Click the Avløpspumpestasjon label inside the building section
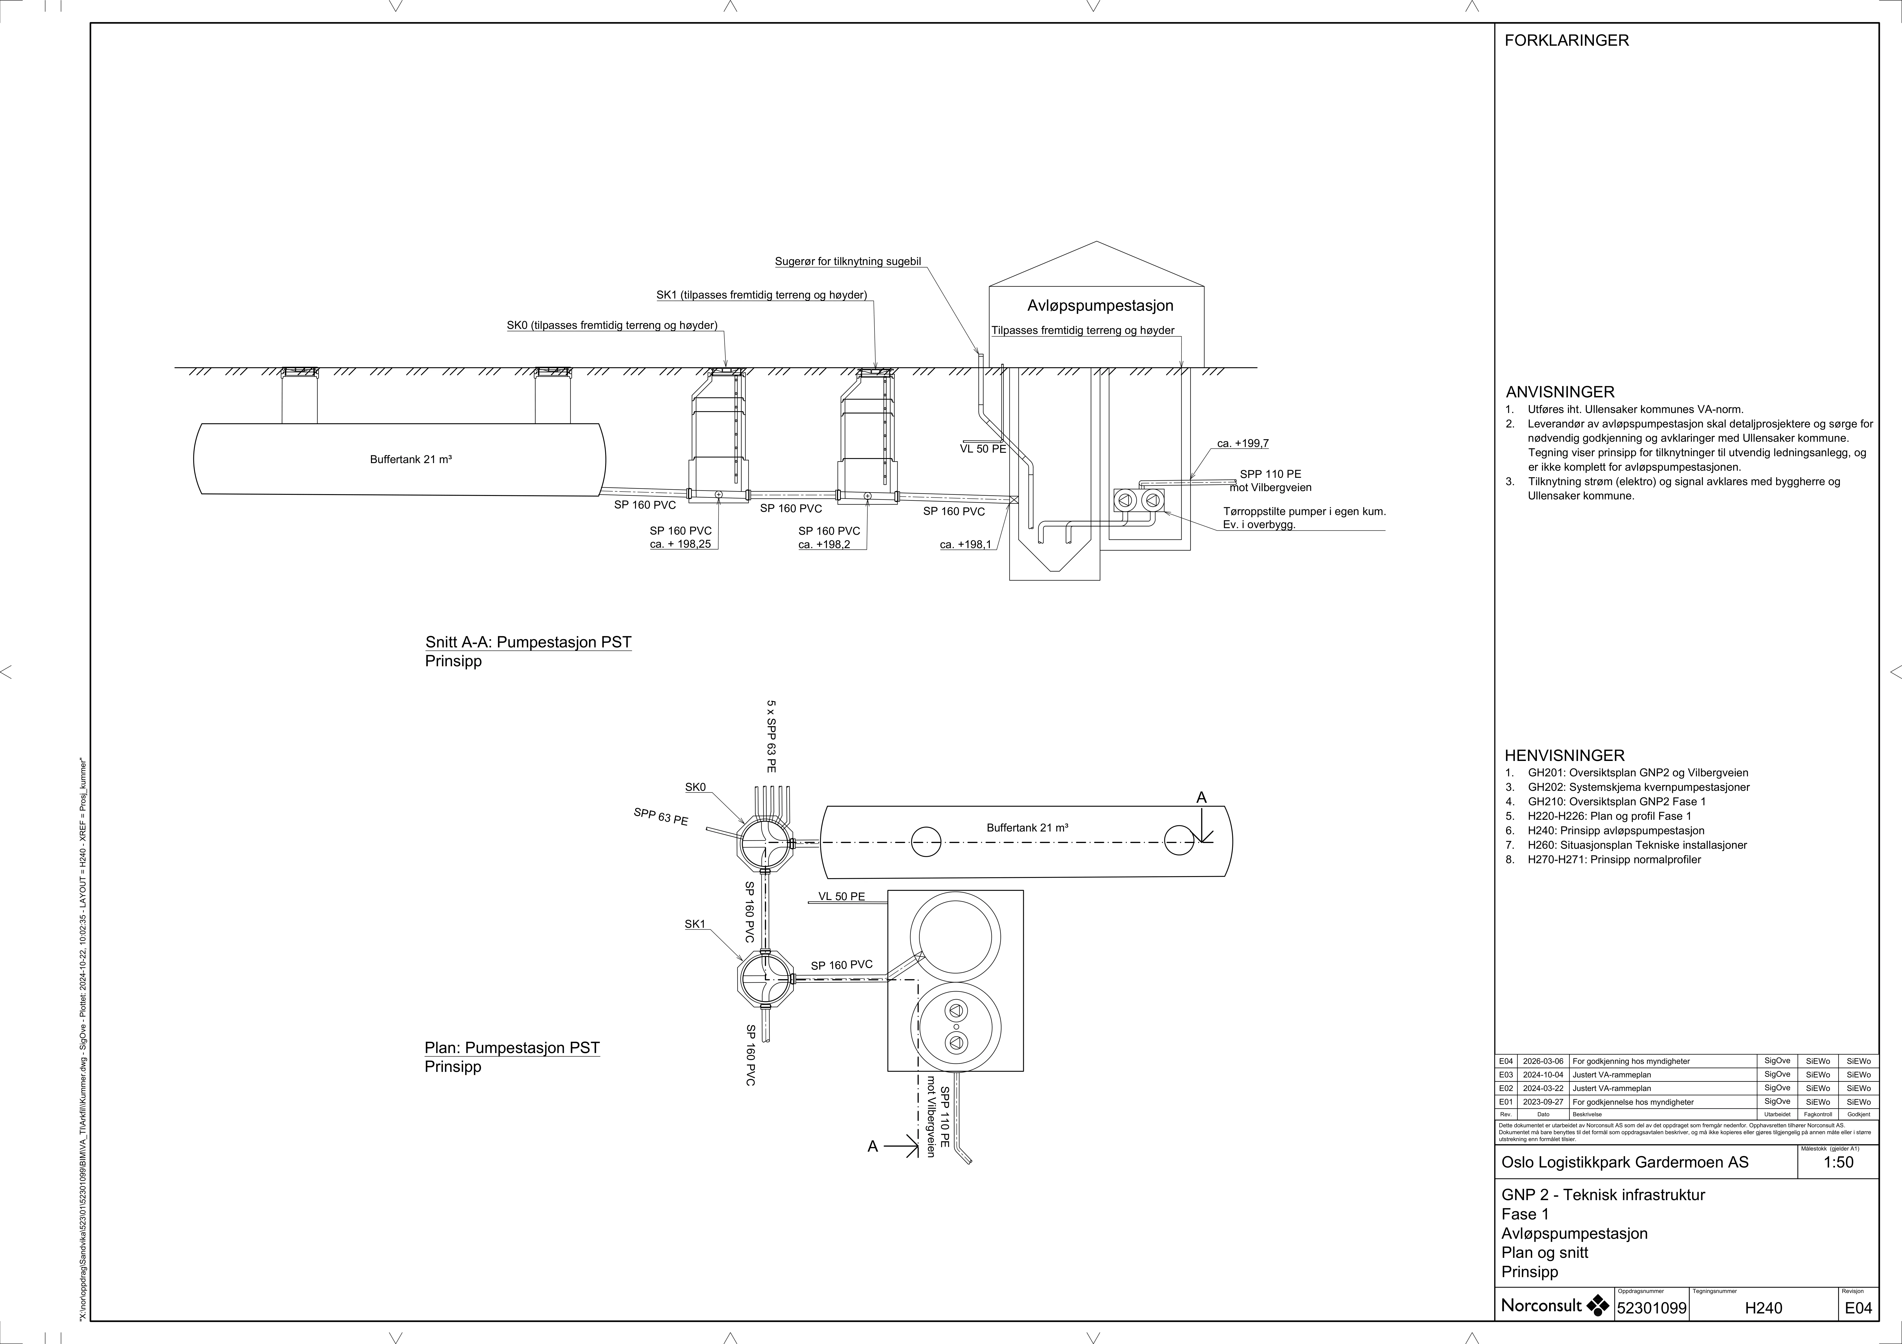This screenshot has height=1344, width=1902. (x=1100, y=306)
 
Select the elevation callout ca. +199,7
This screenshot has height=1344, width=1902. (x=1243, y=443)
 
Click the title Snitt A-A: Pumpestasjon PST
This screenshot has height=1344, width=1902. (x=528, y=642)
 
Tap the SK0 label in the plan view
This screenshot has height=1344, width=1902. (x=695, y=787)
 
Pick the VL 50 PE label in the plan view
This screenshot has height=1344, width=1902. (x=842, y=897)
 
